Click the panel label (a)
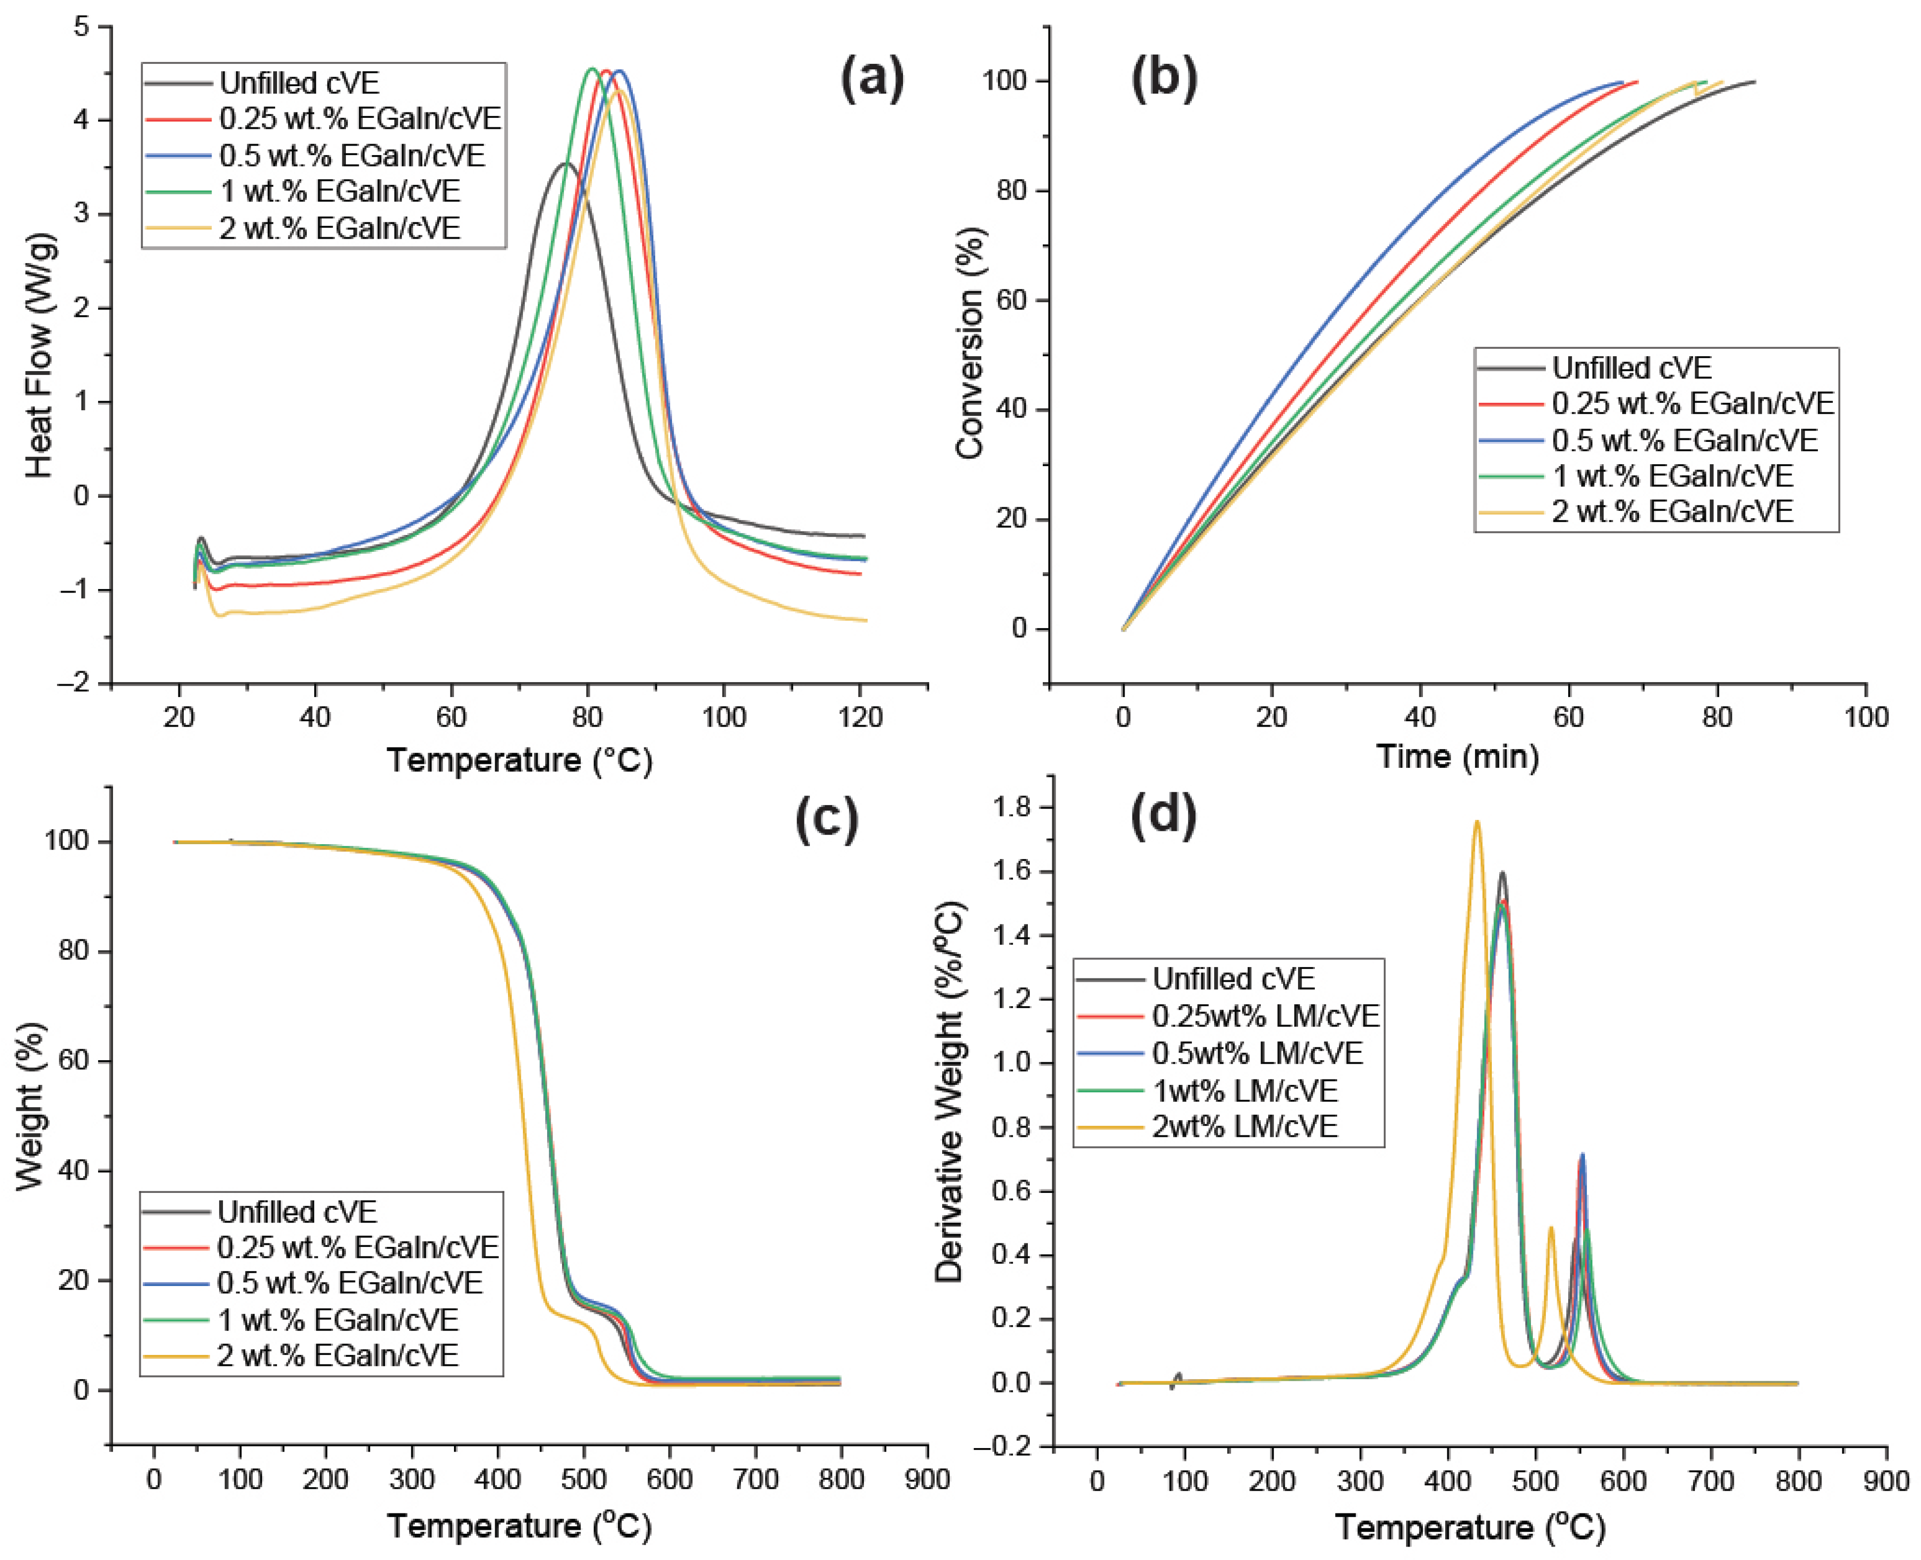point(871,79)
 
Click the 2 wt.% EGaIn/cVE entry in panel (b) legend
point(1672,511)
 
